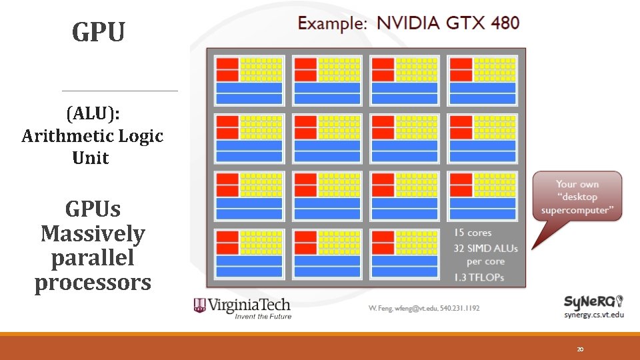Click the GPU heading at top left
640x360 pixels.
tap(99, 31)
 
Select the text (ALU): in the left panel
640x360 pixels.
tap(93, 113)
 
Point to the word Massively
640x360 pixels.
tap(93, 233)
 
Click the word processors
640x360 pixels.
tap(93, 283)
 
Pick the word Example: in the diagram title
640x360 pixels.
tap(332, 23)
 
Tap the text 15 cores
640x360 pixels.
tap(472, 233)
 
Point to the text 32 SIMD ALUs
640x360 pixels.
tap(485, 247)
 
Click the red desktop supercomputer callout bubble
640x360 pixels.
tap(577, 197)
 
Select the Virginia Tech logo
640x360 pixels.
tap(242, 307)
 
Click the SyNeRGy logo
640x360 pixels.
tap(593, 301)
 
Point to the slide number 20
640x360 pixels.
tap(580, 349)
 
